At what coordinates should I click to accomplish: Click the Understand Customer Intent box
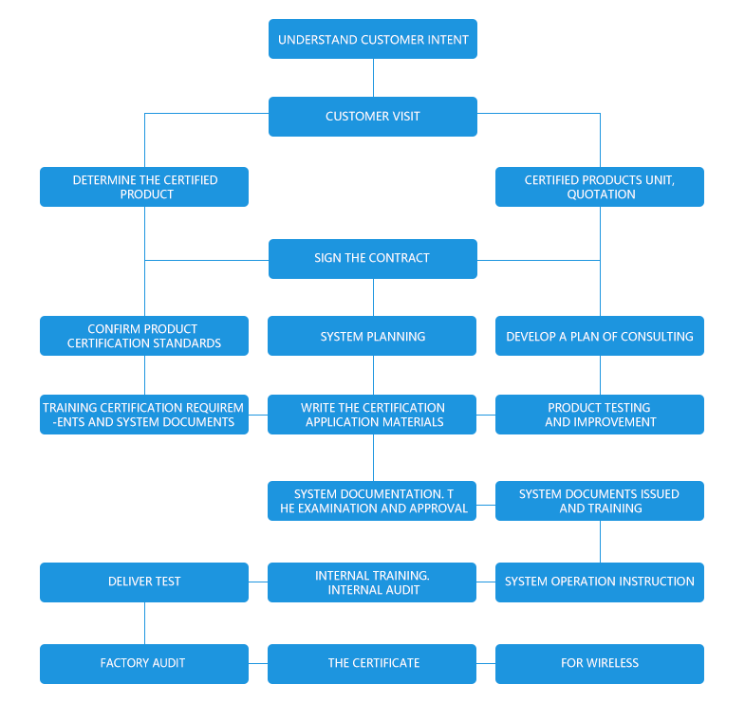372,40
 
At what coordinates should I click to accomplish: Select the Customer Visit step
372,116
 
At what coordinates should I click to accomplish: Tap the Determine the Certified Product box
144,187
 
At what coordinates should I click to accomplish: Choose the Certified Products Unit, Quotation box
599,187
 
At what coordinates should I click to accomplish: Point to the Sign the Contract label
372,258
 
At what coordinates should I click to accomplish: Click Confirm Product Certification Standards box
144,336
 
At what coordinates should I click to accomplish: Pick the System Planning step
372,336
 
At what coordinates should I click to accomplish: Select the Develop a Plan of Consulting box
599,336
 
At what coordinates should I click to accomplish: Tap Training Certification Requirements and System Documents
144,415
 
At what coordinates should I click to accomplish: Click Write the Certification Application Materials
372,415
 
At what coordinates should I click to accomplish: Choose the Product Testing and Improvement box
599,415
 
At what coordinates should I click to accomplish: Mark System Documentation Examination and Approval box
372,501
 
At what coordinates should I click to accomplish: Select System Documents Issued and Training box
599,501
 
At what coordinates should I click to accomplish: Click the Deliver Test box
144,582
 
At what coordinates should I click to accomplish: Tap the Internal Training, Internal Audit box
372,582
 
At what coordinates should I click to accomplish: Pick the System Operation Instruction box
599,582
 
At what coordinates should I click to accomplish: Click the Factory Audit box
144,663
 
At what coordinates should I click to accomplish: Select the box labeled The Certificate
372,663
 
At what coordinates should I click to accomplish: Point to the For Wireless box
599,663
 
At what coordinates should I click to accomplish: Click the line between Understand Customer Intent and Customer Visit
373,78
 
